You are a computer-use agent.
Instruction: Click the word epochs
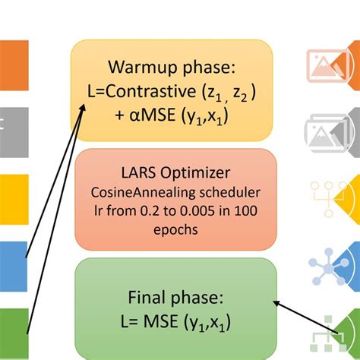(175, 228)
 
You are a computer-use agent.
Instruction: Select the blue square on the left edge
(14, 262)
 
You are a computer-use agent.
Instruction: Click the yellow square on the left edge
(14, 195)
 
